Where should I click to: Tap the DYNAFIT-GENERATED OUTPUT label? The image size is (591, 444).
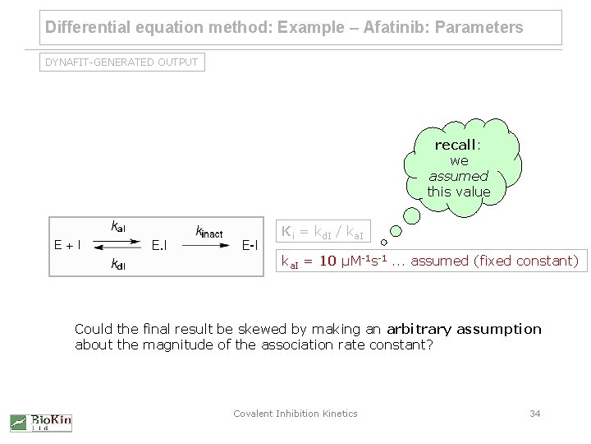click(x=122, y=62)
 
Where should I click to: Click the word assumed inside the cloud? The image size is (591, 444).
click(x=458, y=176)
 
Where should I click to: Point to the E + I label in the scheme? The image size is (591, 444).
click(x=67, y=244)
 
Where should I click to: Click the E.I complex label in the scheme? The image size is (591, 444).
click(x=161, y=244)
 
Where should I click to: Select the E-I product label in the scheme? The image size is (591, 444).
click(x=250, y=244)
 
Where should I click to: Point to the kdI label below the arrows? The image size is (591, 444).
click(x=117, y=264)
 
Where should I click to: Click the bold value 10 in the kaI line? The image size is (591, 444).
click(x=328, y=262)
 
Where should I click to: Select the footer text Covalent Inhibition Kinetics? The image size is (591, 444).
click(x=295, y=414)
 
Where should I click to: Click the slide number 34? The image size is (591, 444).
click(x=534, y=414)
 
